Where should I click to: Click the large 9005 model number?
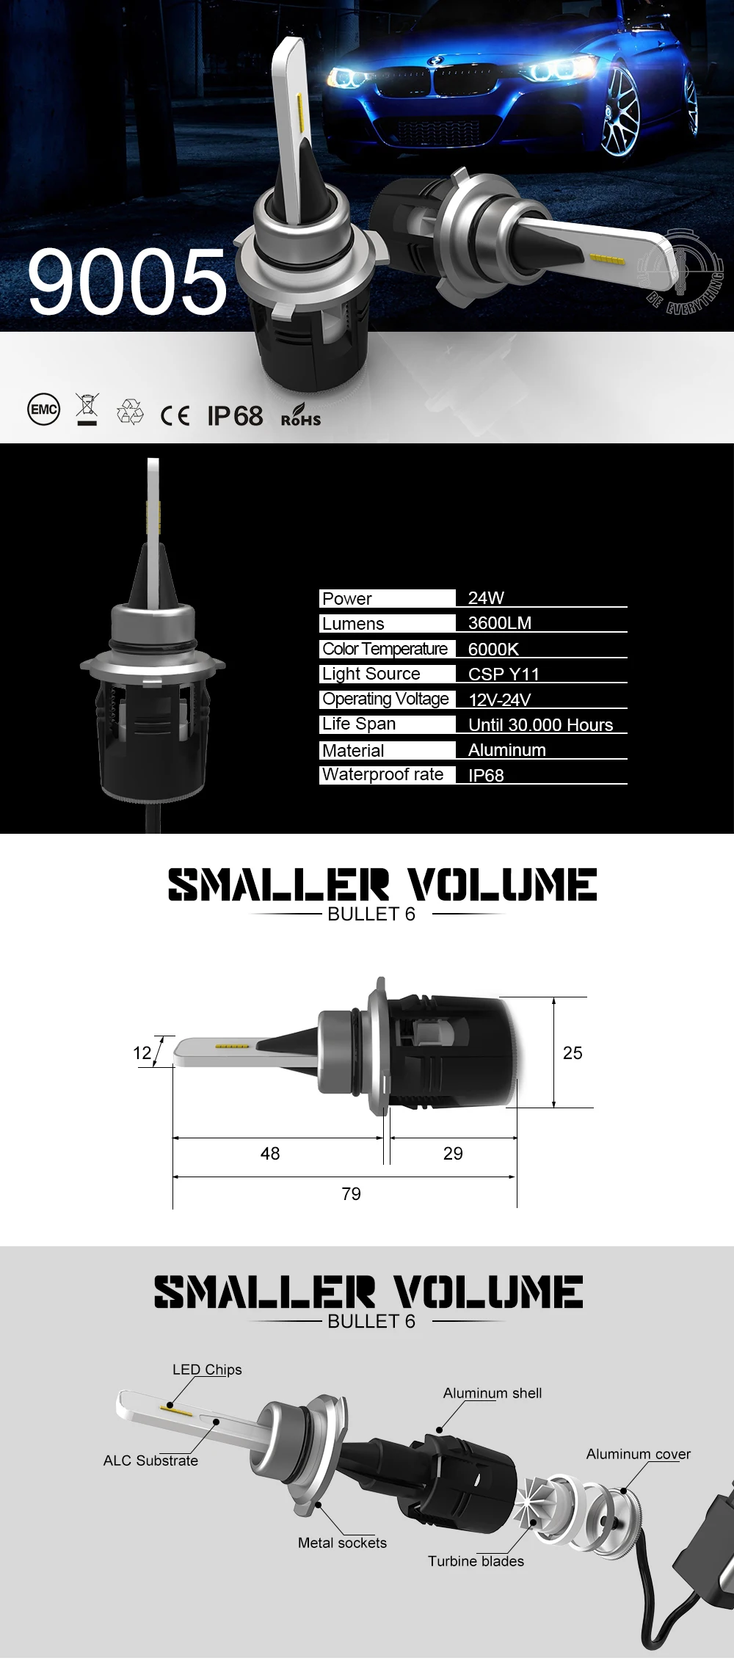(128, 282)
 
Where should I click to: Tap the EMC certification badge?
(43, 410)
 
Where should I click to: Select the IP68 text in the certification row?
(235, 415)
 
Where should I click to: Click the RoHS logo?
(301, 415)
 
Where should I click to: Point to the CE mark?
(175, 416)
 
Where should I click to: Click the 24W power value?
(486, 597)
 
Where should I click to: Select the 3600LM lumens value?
(500, 622)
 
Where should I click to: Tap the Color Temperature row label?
(385, 649)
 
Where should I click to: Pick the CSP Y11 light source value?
(504, 674)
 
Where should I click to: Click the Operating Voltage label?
(385, 699)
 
